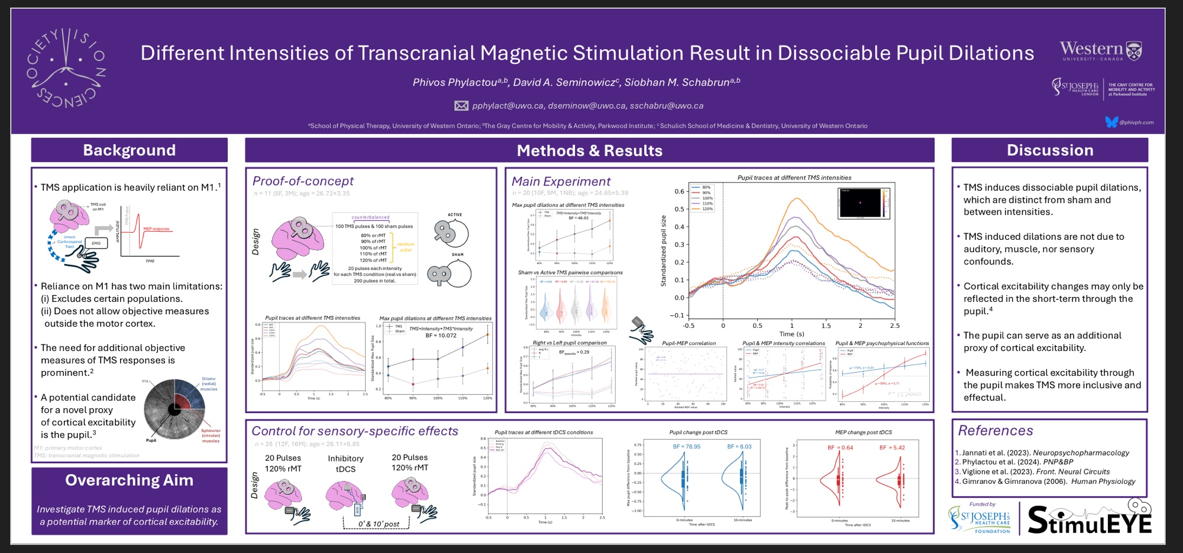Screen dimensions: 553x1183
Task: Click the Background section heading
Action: (x=129, y=150)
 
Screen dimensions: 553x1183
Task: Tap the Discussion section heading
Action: (x=1049, y=150)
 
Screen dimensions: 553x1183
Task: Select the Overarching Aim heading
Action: (x=129, y=480)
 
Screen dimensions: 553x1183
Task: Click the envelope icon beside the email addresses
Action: (x=461, y=106)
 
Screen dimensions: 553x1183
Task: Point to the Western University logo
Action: (x=1100, y=51)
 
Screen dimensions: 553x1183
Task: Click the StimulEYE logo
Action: (x=1090, y=518)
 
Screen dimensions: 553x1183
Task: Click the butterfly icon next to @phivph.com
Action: (x=1111, y=122)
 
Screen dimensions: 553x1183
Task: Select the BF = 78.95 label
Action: (x=686, y=447)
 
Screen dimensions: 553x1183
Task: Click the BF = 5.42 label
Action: (x=892, y=447)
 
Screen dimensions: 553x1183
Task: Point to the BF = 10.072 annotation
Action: (x=441, y=336)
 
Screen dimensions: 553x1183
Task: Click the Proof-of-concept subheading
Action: (x=303, y=181)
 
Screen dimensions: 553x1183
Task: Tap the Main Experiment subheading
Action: (x=561, y=182)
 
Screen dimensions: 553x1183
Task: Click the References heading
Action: (x=995, y=431)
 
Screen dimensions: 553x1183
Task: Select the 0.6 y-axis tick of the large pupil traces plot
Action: (x=679, y=191)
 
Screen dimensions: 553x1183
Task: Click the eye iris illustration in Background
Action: (x=174, y=409)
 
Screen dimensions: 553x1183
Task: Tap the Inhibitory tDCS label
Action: (x=345, y=463)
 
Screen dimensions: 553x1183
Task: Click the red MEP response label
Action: (x=156, y=229)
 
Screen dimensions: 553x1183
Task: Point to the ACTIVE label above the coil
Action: (x=454, y=215)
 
